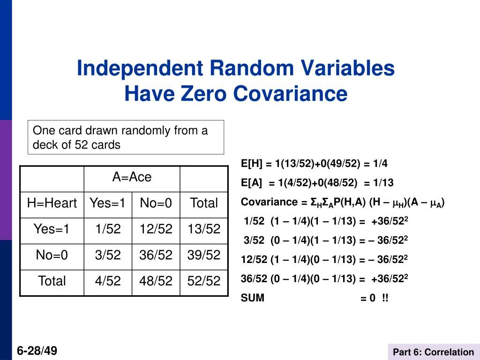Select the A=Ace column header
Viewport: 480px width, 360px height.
pyautogui.click(x=132, y=177)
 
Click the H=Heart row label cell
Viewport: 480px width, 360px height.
pyautogui.click(x=52, y=203)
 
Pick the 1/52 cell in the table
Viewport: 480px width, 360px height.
pyautogui.click(x=108, y=229)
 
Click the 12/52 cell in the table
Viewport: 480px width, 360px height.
pyautogui.click(x=156, y=229)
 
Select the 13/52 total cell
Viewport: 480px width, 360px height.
pyautogui.click(x=204, y=229)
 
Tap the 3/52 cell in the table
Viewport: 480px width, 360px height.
pyautogui.click(x=108, y=255)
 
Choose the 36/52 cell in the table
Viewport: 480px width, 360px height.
pyautogui.click(x=156, y=255)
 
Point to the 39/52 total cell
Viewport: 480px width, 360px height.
pyautogui.click(x=204, y=255)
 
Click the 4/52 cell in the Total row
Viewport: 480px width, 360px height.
pyautogui.click(x=108, y=281)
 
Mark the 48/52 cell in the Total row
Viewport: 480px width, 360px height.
pyautogui.click(x=156, y=281)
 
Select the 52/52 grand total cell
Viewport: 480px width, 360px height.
pyautogui.click(x=204, y=281)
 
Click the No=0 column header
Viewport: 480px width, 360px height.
pyautogui.click(x=156, y=203)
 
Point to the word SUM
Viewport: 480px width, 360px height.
pyautogui.click(x=253, y=298)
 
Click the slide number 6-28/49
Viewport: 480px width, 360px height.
pyautogui.click(x=37, y=350)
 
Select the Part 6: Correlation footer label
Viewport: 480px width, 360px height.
pyautogui.click(x=433, y=352)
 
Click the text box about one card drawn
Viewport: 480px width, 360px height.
pyautogui.click(x=126, y=137)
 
